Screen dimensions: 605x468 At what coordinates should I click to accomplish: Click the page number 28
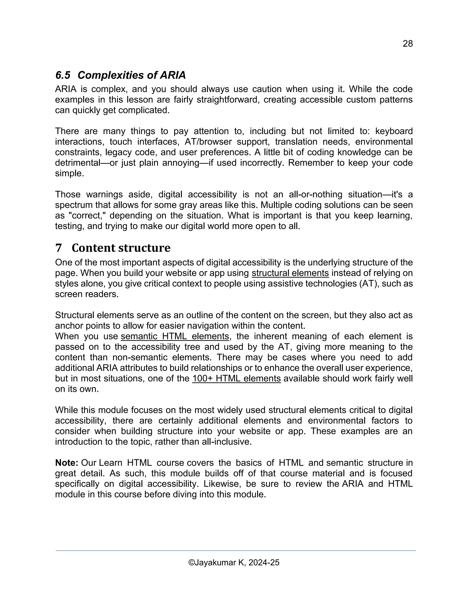coord(408,44)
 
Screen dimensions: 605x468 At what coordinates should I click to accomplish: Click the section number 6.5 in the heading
coord(63,75)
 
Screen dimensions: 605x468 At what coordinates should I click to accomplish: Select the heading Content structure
coord(121,248)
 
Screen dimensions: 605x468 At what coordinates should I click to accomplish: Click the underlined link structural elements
coord(290,273)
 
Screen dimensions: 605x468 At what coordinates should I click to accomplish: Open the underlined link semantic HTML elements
coord(175,336)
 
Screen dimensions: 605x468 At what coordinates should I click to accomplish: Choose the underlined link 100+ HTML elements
coord(237,378)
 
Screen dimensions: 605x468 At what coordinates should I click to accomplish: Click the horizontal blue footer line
coord(235,551)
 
